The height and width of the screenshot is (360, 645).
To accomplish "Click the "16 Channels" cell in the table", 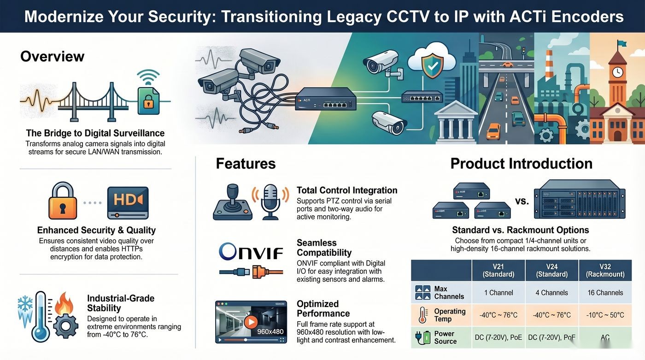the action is click(x=605, y=293).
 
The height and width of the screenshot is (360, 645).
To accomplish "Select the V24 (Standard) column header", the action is click(x=552, y=271).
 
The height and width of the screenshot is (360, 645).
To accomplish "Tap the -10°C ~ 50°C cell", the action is click(x=605, y=315).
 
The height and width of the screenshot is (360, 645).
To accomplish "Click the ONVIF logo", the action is click(x=251, y=251).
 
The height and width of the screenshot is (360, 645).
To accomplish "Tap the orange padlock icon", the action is click(x=63, y=201).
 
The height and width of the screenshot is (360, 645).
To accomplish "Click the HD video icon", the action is click(x=128, y=203).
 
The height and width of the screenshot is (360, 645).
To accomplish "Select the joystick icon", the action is click(x=233, y=202).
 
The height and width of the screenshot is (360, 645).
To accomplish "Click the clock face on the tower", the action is click(x=617, y=72).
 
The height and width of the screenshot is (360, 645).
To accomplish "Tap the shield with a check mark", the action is click(x=432, y=65).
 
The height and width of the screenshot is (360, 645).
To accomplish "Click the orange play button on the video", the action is click(x=251, y=322).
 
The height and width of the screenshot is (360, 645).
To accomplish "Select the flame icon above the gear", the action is click(x=64, y=304).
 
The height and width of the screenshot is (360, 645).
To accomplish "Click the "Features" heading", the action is click(x=246, y=164).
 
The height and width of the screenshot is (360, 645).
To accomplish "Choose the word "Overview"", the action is click(x=52, y=56).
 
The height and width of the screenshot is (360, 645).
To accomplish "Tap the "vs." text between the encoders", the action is click(x=522, y=201).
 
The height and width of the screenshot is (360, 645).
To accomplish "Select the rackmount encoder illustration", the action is click(x=580, y=199).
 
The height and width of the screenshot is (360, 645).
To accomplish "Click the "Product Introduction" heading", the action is click(x=522, y=164).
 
